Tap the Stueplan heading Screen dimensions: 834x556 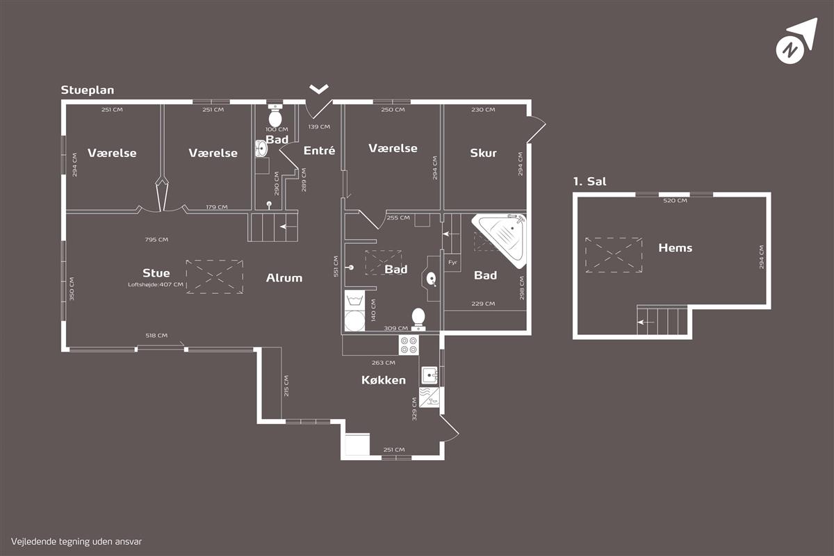(x=88, y=90)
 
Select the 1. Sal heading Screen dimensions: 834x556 (x=590, y=181)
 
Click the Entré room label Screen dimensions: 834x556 (x=319, y=150)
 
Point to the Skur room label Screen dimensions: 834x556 (x=483, y=153)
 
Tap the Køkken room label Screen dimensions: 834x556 (x=384, y=380)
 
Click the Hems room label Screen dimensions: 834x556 (x=676, y=247)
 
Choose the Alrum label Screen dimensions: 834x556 (x=284, y=278)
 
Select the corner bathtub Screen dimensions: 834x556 (x=500, y=240)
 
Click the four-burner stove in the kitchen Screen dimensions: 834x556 (x=409, y=345)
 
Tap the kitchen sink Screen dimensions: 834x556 (x=430, y=375)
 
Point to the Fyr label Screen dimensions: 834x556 (x=452, y=262)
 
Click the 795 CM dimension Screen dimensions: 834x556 (x=156, y=240)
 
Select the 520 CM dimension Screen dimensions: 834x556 (x=675, y=200)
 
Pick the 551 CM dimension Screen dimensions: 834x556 (x=336, y=266)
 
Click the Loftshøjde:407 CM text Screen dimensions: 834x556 (x=156, y=284)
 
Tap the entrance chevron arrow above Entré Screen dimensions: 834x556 (x=319, y=89)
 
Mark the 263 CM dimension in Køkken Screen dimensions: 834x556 (x=384, y=363)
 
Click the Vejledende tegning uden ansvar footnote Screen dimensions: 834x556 (x=76, y=542)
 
